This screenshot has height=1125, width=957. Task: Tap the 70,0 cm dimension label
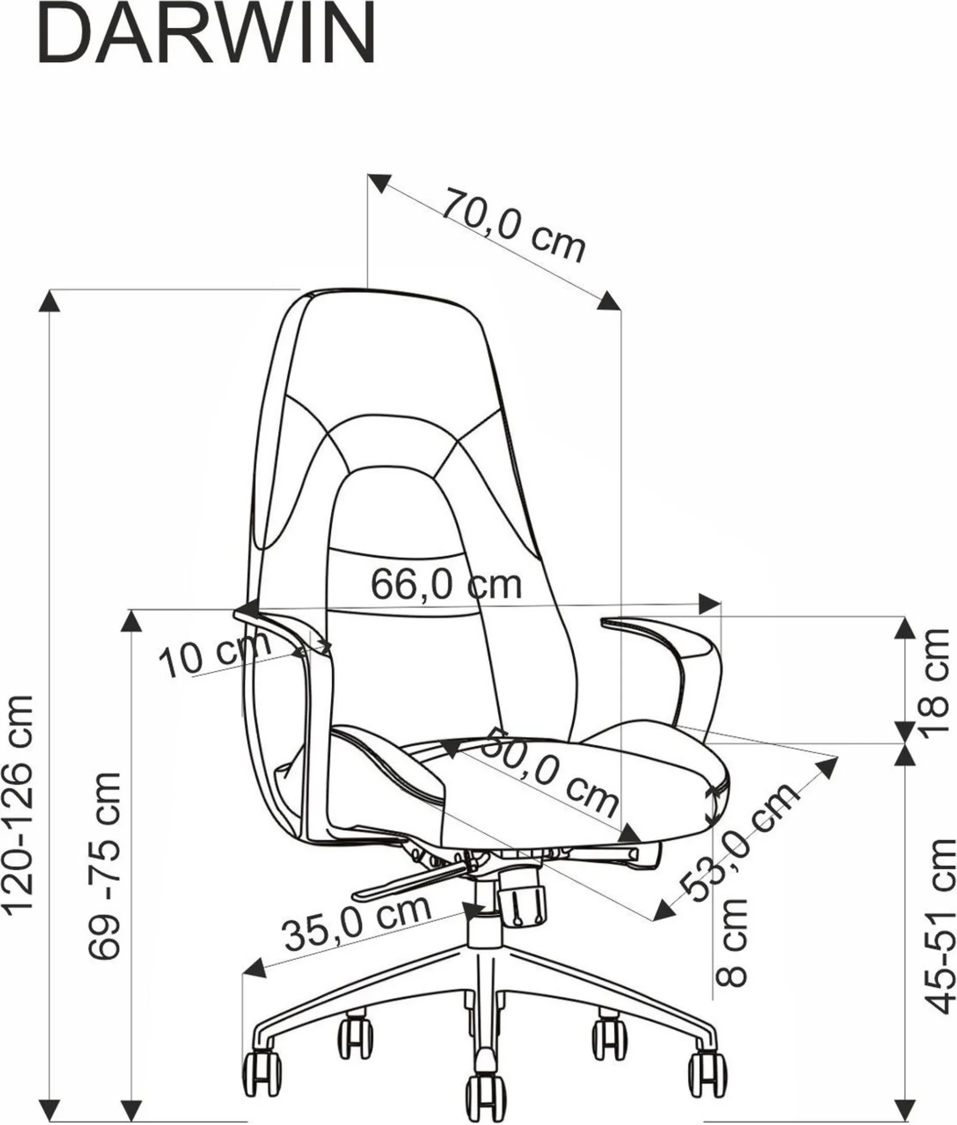click(x=514, y=225)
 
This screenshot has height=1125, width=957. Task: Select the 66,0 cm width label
click(x=446, y=584)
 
